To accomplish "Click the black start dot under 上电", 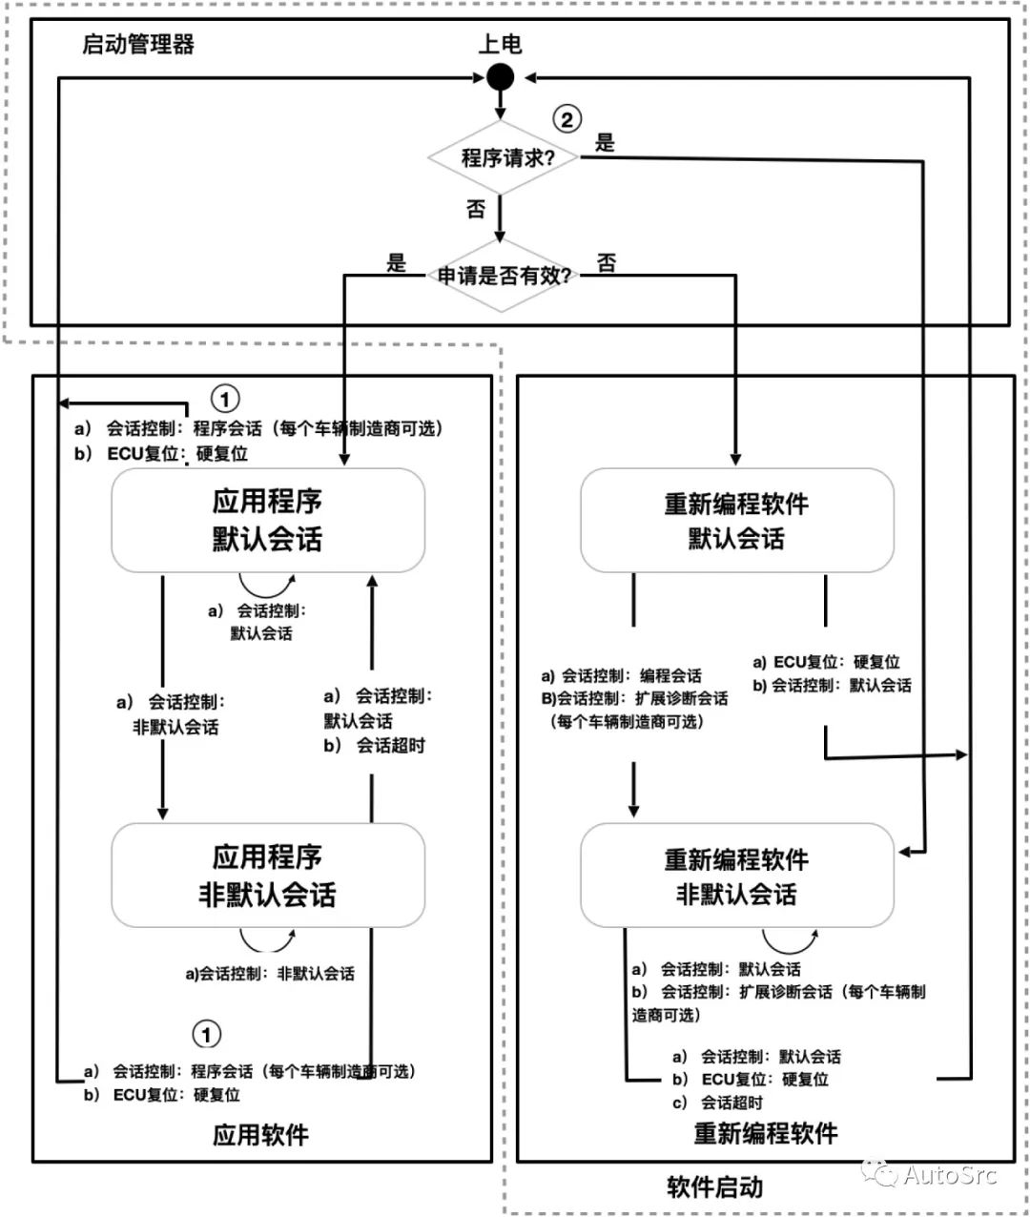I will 500,77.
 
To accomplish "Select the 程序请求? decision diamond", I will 503,157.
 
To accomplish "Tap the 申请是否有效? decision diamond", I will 503,277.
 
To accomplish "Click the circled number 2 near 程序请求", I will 566,119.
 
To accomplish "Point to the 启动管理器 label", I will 138,44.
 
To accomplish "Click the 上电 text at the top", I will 500,44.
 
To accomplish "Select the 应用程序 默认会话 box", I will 268,520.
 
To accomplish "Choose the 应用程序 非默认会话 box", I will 268,876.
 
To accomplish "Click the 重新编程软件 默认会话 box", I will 736,521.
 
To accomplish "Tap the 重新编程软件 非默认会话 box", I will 736,876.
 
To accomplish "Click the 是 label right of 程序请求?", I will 605,143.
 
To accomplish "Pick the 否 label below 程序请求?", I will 476,209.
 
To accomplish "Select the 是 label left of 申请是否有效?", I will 396,263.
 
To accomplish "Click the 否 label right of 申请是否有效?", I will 607,263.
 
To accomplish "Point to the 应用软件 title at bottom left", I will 260,1135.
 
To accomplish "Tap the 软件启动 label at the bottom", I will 714,1187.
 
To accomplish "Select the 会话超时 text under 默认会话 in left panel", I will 390,746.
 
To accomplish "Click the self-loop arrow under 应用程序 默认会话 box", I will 267,585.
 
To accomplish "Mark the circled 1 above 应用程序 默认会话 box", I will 224,398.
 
